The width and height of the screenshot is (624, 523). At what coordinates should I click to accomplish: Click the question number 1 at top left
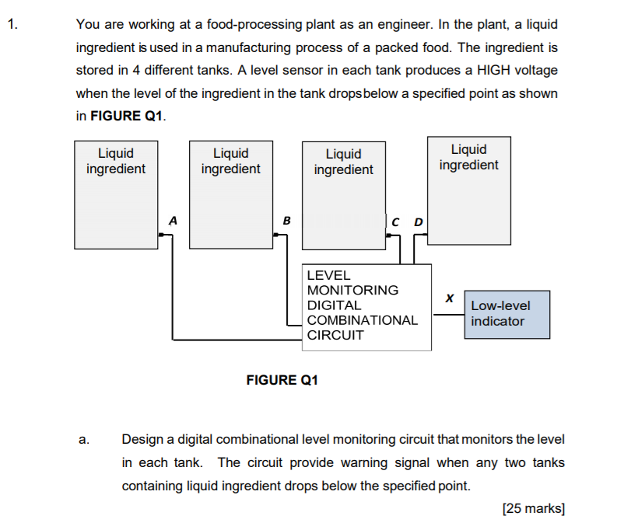point(13,24)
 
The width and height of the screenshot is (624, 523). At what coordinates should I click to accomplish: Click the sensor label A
point(173,221)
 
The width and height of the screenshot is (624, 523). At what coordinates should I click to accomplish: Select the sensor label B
point(286,221)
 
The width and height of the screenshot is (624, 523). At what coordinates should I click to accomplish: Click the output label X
point(449,298)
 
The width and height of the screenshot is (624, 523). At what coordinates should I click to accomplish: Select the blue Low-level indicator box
point(507,314)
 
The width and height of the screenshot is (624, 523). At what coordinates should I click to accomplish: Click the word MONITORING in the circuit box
point(352,290)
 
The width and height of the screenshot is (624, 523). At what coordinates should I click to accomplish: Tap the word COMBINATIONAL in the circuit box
point(362,320)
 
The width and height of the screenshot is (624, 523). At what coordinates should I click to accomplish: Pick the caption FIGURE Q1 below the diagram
point(282,380)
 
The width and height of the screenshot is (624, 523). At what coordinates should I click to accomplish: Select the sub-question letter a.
point(83,440)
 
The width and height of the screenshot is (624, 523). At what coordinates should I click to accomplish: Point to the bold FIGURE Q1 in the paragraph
point(128,117)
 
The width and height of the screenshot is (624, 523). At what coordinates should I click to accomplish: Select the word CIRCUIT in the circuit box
point(335,336)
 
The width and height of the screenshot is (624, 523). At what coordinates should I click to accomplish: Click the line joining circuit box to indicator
point(447,315)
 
